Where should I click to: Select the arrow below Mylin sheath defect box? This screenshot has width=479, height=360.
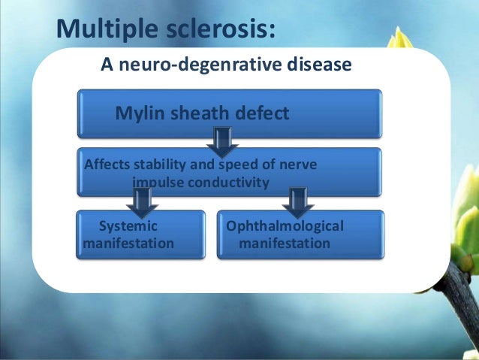pyautogui.click(x=222, y=142)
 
